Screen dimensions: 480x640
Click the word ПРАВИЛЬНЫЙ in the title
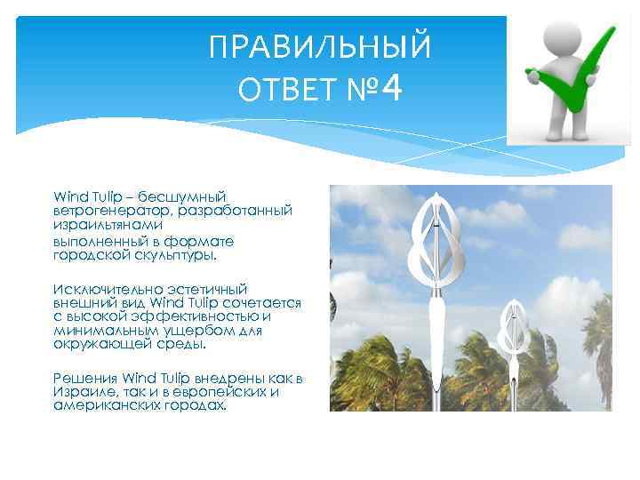tap(319, 48)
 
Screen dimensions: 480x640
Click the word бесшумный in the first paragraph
tap(188, 196)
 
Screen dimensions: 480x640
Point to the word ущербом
tap(191, 331)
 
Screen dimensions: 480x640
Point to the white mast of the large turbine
tap(436, 356)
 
